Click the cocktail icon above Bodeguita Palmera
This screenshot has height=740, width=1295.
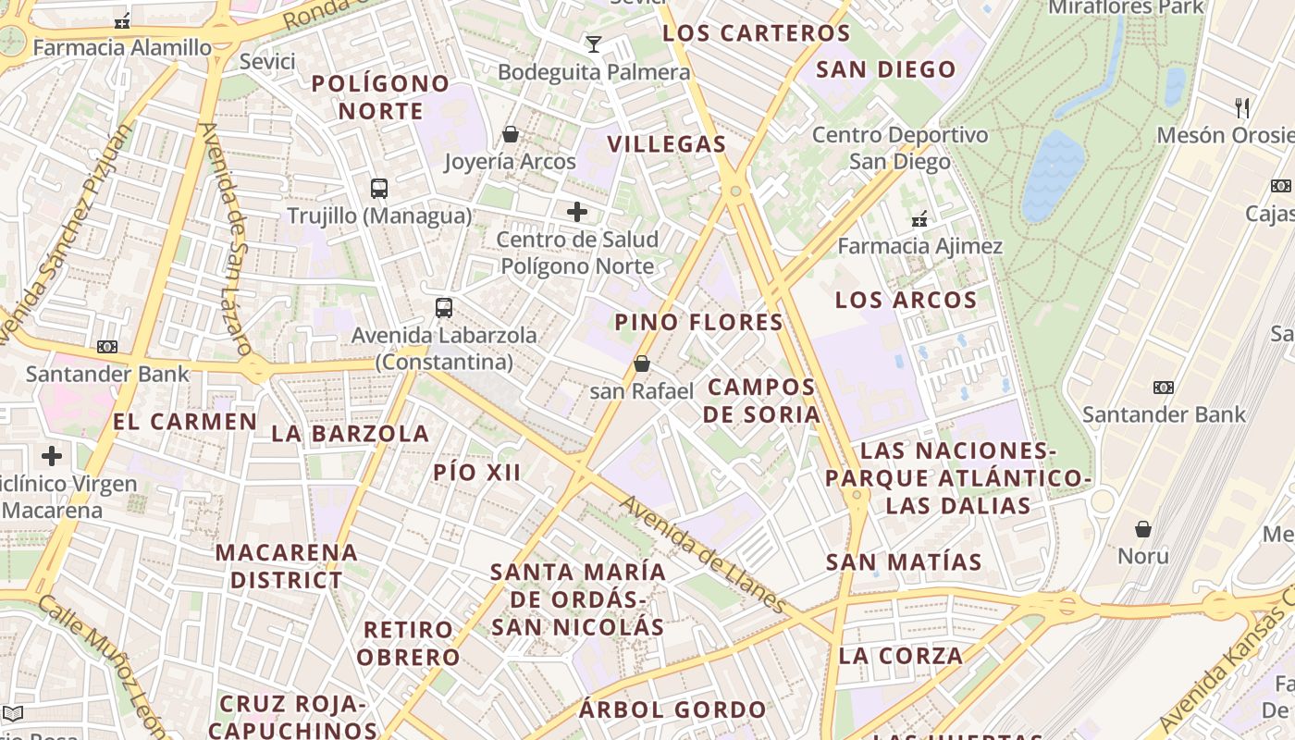coord(593,43)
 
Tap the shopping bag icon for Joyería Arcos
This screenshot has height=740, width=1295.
coord(510,135)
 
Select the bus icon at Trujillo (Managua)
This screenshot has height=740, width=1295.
coord(379,189)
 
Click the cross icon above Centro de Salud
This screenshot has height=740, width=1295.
coord(577,212)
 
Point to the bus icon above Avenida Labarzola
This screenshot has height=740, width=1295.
coord(444,308)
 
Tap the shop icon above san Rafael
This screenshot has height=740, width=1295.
coord(642,364)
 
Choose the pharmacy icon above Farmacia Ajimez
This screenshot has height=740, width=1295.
coord(919,219)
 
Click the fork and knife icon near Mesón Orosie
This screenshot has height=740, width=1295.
coord(1242,108)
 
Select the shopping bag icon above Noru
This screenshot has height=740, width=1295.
coord(1143,529)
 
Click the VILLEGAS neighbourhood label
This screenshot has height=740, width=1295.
coord(666,144)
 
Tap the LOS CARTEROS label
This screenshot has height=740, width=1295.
coord(757,33)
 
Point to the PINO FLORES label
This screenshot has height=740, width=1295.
coord(698,323)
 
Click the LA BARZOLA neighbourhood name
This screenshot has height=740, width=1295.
coord(350,434)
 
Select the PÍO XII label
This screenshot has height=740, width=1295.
coord(476,473)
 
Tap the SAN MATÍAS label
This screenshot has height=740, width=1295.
coord(903,562)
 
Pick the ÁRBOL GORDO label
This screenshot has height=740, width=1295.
coord(672,710)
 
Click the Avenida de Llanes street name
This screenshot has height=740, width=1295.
coord(704,555)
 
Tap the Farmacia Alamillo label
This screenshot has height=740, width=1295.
coord(122,47)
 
